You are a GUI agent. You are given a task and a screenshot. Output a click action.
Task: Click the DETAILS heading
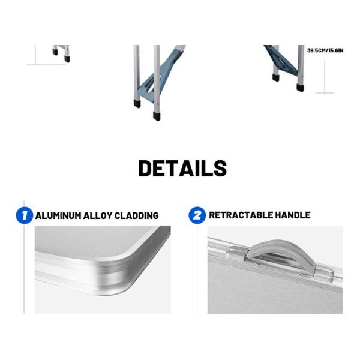[x=183, y=168]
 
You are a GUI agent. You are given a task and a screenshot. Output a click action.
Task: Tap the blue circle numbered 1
[x=25, y=215]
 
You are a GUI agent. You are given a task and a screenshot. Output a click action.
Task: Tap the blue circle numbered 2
[x=197, y=215]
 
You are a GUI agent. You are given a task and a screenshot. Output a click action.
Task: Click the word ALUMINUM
[x=58, y=216]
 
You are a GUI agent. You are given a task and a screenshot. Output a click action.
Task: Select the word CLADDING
[x=136, y=216]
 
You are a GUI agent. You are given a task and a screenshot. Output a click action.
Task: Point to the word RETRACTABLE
[x=241, y=215]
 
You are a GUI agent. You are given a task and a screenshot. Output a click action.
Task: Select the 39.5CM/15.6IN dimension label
[x=325, y=50]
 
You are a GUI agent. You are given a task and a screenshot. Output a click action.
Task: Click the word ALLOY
[x=98, y=216]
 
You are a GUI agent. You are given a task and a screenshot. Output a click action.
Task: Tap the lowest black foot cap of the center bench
[x=157, y=116]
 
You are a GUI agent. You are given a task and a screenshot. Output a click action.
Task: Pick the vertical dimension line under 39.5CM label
[x=325, y=76]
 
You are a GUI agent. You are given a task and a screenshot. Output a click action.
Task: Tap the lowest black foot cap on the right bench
[x=300, y=88]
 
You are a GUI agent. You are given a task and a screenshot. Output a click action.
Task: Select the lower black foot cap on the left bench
[x=67, y=59]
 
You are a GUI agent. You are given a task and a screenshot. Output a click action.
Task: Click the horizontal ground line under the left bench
[x=46, y=65]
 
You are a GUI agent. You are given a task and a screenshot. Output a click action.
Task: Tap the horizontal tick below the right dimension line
[x=325, y=93]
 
